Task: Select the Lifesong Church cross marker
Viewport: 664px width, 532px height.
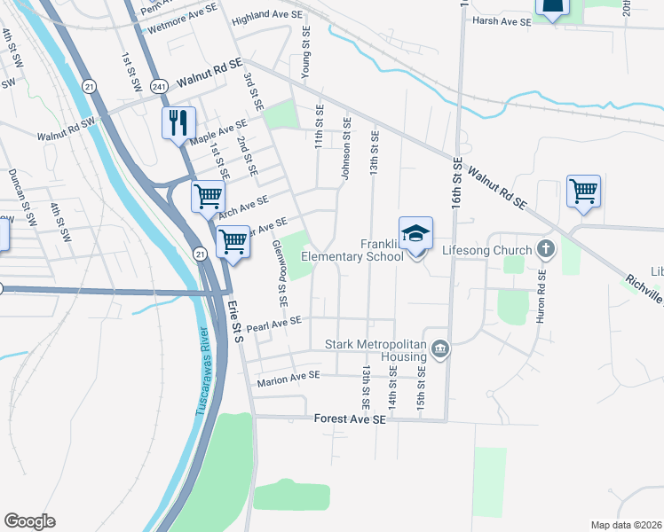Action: (x=546, y=250)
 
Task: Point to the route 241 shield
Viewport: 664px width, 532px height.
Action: (x=159, y=86)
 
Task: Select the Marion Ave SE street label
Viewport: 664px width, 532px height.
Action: (x=287, y=379)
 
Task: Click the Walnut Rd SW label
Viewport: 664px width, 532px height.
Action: (x=65, y=130)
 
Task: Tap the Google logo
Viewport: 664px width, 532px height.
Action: (x=29, y=521)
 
